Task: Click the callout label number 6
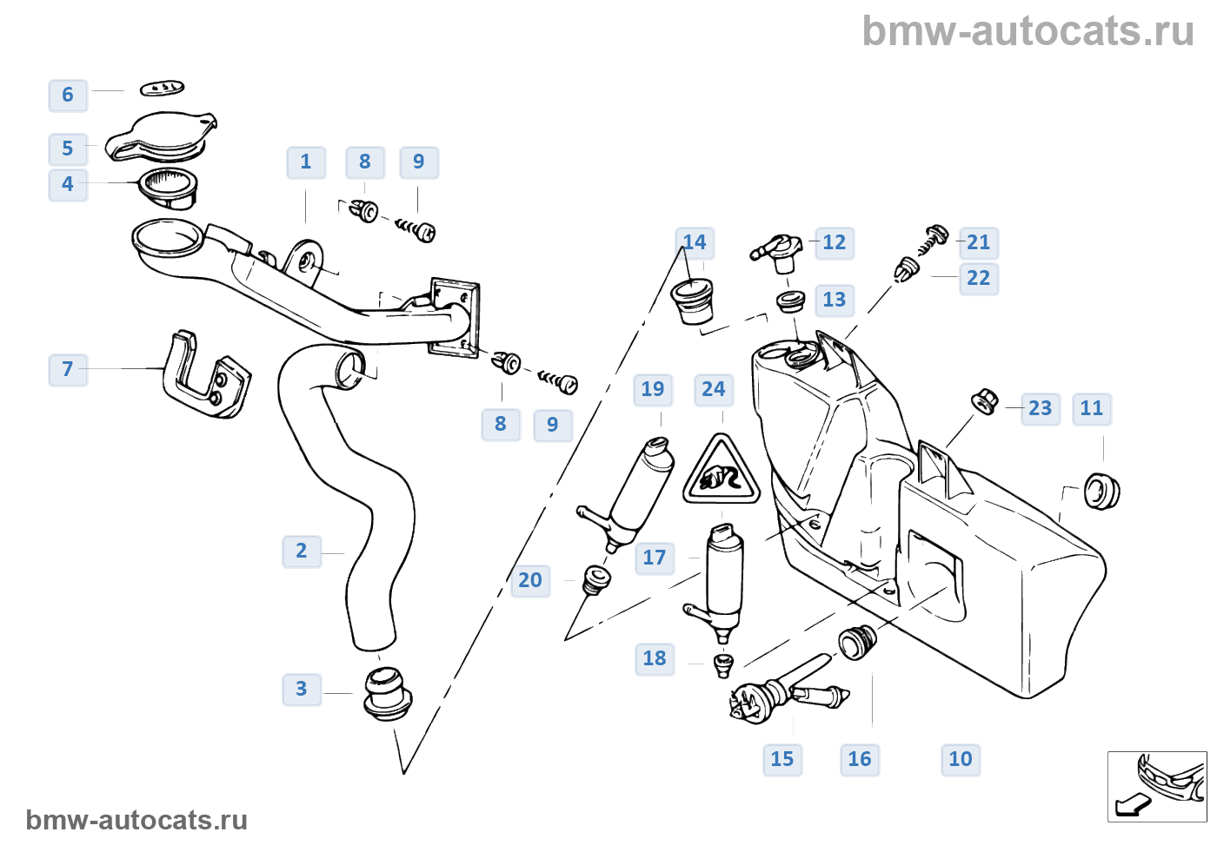(68, 95)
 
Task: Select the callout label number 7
(68, 369)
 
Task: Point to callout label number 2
(302, 551)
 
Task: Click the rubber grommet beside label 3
(387, 692)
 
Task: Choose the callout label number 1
(306, 162)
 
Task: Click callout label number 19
(653, 389)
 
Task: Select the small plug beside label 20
(596, 578)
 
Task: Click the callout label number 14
(695, 243)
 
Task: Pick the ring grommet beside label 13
(789, 302)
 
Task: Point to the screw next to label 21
(934, 237)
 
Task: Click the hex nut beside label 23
(984, 402)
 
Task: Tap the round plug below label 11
(1101, 491)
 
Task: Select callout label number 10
(961, 759)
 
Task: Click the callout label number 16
(860, 759)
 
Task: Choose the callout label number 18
(655, 658)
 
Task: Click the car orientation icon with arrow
(1157, 786)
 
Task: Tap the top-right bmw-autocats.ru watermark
(1028, 31)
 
